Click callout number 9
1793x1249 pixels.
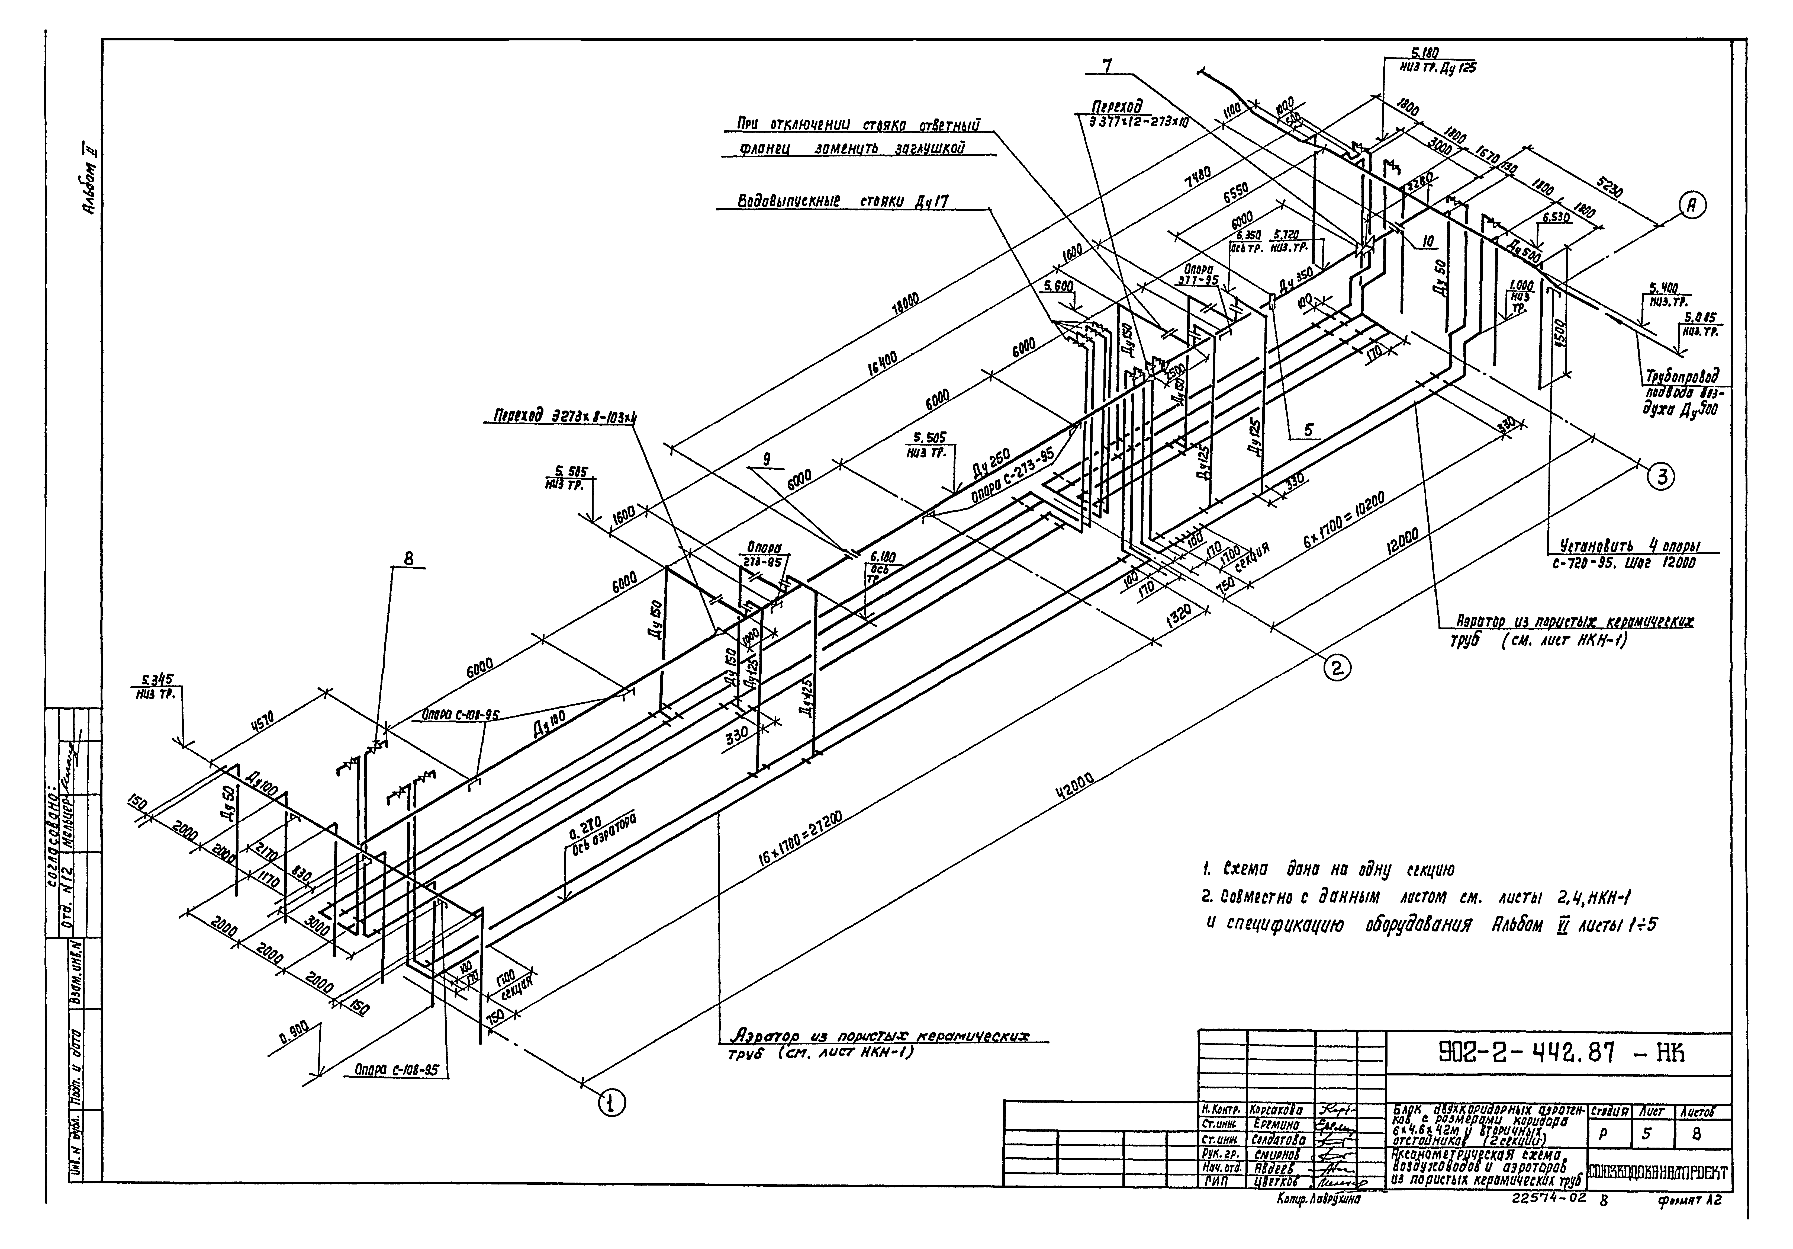768,460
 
